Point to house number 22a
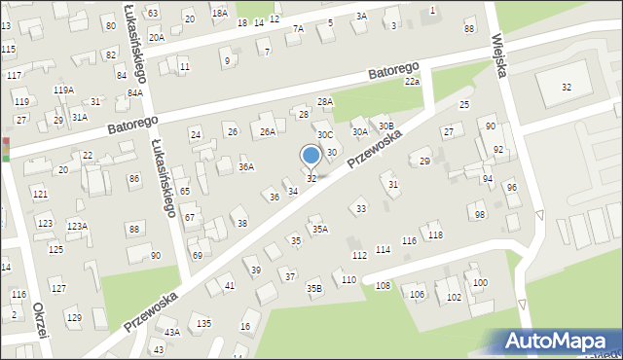click(x=413, y=82)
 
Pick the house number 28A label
click(x=325, y=101)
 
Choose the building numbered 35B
click(x=313, y=287)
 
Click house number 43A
click(x=172, y=332)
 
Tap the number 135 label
click(x=203, y=322)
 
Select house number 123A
click(x=77, y=226)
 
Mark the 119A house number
click(x=63, y=90)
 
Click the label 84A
click(x=134, y=92)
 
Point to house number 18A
click(x=220, y=13)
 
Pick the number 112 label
click(x=359, y=255)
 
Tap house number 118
click(x=435, y=235)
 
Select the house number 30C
click(x=325, y=135)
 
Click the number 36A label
click(x=246, y=167)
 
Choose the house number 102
click(x=453, y=297)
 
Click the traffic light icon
click(x=5, y=148)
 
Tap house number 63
click(x=153, y=13)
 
